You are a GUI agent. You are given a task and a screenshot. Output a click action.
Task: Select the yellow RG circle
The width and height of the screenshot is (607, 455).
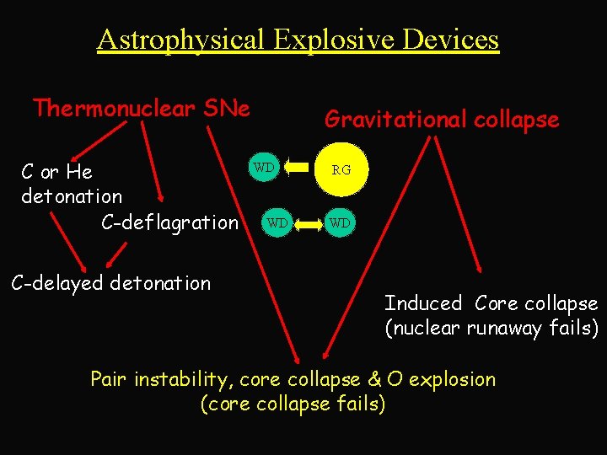pos(341,169)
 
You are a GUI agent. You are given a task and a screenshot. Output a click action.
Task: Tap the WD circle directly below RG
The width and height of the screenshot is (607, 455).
pos(341,223)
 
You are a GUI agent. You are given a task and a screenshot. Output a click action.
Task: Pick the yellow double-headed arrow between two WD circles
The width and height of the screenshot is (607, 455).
pos(309,223)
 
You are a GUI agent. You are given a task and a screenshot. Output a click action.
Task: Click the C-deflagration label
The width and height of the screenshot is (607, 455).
pos(169,222)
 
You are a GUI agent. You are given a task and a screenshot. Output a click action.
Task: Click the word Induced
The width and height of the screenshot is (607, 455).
pos(423,303)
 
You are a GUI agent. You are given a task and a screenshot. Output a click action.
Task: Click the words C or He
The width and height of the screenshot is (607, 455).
pos(56,173)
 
